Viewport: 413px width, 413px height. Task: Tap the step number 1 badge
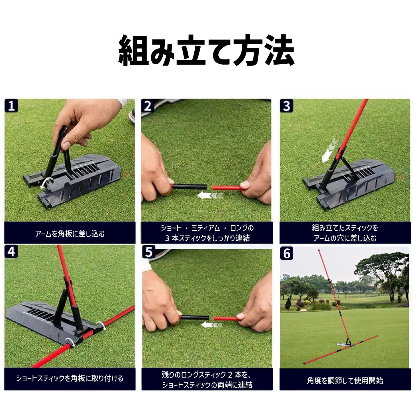(11, 106)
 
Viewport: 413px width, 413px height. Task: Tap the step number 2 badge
(148, 106)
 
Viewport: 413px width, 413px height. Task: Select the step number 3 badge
(286, 106)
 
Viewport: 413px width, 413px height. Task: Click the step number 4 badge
(11, 252)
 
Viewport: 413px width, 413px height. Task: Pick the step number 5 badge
(149, 252)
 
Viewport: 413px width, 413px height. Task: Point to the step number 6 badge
(287, 253)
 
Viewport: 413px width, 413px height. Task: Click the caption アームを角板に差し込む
(70, 234)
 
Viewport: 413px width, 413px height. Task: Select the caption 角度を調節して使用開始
(345, 380)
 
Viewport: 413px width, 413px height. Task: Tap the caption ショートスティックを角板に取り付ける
(70, 378)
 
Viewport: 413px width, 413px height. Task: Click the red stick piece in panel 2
(227, 187)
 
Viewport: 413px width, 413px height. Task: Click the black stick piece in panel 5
(195, 317)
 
